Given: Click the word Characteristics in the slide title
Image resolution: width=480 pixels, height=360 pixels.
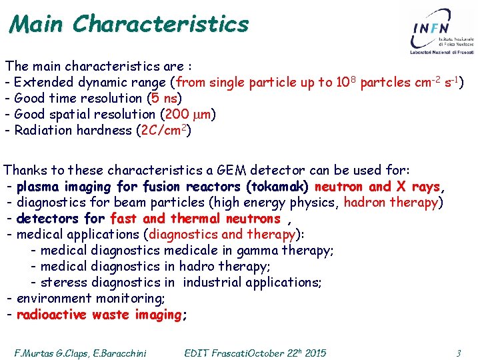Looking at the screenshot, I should click(x=161, y=24).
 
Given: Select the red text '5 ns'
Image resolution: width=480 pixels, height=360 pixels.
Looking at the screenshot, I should click(x=163, y=98).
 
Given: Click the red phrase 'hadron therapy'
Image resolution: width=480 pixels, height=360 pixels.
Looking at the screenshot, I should click(x=390, y=202).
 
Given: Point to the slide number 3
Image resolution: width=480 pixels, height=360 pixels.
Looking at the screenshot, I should click(x=459, y=353).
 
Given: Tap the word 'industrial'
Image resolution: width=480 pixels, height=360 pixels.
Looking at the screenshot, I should click(x=211, y=282).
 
